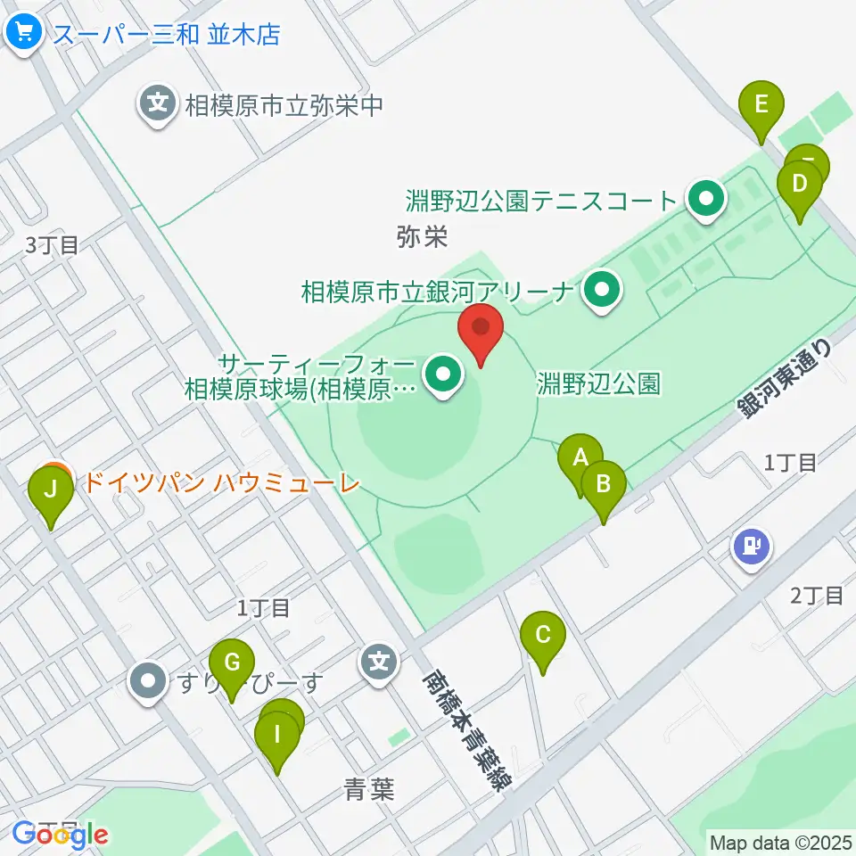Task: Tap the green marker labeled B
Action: click(x=604, y=484)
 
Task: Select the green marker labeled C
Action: click(x=543, y=636)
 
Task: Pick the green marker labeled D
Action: click(x=800, y=185)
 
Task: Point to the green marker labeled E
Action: click(x=761, y=104)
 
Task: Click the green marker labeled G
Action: click(x=232, y=663)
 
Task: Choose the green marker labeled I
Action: click(x=277, y=736)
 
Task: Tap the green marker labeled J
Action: click(x=51, y=490)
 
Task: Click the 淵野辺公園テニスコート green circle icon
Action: click(x=707, y=199)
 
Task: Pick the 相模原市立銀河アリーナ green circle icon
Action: click(x=602, y=291)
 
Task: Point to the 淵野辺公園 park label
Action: click(x=599, y=384)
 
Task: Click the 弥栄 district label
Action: click(x=421, y=237)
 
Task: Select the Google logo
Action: click(x=60, y=835)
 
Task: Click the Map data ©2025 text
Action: click(x=779, y=842)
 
